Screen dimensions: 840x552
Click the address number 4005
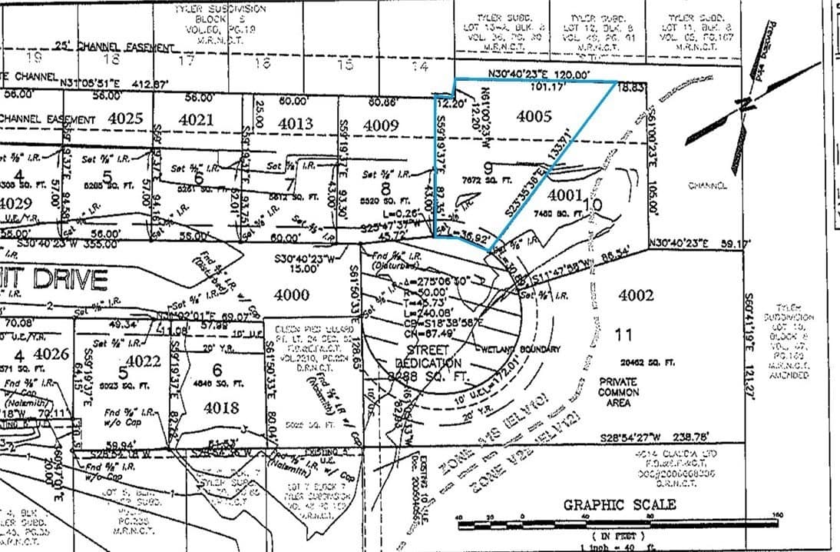click(x=534, y=118)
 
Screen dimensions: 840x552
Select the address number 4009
click(x=381, y=124)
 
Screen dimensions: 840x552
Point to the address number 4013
click(x=295, y=123)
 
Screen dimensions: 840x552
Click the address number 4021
click(x=196, y=119)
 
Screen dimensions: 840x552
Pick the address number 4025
click(x=126, y=118)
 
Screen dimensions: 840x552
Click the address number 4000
click(x=292, y=294)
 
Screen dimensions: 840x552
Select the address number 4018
click(x=221, y=407)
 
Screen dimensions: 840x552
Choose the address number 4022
click(x=143, y=361)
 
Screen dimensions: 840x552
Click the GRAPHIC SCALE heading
click(x=620, y=504)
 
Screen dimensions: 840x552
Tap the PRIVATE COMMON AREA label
click(x=618, y=391)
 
